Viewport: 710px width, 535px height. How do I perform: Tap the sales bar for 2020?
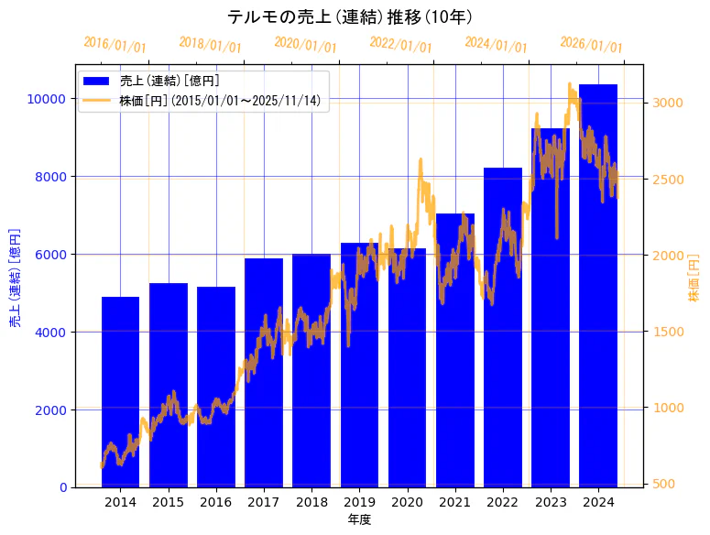pyautogui.click(x=407, y=367)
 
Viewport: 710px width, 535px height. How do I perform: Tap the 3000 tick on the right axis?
pyautogui.click(x=666, y=103)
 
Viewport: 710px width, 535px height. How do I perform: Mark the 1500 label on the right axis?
pyautogui.click(x=666, y=332)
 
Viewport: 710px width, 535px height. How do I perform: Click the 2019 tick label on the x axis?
pyautogui.click(x=359, y=502)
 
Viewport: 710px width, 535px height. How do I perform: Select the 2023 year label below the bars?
pyautogui.click(x=551, y=502)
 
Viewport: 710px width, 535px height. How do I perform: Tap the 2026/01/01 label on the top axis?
pyautogui.click(x=591, y=46)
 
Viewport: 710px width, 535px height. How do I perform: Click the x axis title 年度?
pyautogui.click(x=359, y=519)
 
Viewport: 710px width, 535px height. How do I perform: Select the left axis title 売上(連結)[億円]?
pyautogui.click(x=15, y=276)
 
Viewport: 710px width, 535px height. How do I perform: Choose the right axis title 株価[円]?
pyautogui.click(x=693, y=278)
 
